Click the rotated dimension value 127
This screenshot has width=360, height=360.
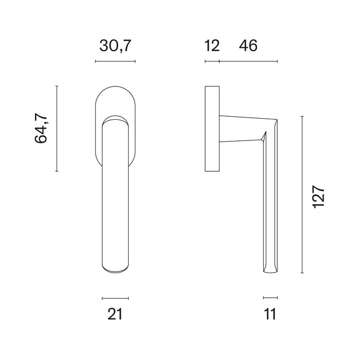click(x=318, y=195)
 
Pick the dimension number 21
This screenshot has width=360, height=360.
click(x=115, y=314)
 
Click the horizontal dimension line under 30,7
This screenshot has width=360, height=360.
click(x=115, y=62)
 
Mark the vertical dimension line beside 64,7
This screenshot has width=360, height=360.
click(x=57, y=129)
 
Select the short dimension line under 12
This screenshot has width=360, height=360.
click(x=212, y=62)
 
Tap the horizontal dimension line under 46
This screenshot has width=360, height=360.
click(x=248, y=62)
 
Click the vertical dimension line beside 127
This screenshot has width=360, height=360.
click(x=302, y=195)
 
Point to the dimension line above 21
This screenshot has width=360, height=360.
click(x=115, y=298)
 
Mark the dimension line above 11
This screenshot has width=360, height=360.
click(x=270, y=298)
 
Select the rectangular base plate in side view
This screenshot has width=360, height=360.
click(x=212, y=129)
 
